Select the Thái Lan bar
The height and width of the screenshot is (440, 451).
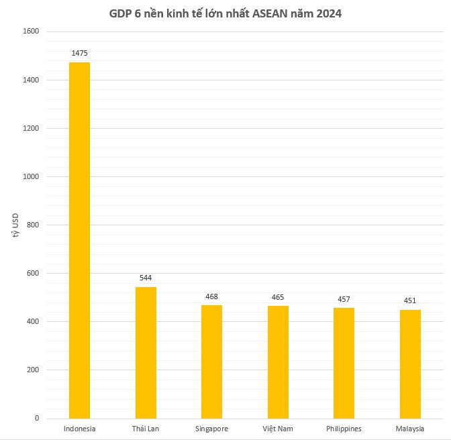point(146,353)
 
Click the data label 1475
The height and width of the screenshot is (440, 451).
point(79,52)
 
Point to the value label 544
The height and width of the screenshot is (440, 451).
point(146,277)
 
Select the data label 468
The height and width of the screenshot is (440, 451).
point(211,296)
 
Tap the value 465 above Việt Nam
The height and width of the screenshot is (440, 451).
point(278,296)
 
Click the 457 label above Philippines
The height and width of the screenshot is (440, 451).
point(344,298)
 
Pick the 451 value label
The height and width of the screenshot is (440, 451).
point(410,300)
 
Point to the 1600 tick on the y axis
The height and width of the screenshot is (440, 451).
point(32,32)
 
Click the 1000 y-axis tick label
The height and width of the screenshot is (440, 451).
point(32,176)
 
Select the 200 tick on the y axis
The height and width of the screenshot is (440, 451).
point(34,370)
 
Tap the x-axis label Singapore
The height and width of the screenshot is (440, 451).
point(211,429)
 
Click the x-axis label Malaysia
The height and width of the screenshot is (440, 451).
point(410,429)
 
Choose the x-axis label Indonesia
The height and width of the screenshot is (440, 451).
point(79,429)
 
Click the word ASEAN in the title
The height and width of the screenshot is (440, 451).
point(276,14)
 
